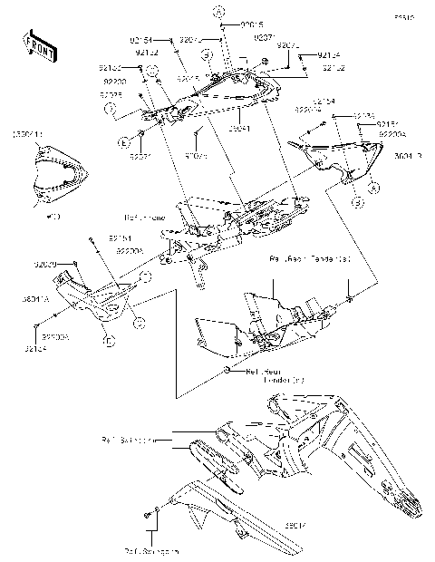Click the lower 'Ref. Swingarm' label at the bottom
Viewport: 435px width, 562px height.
150,549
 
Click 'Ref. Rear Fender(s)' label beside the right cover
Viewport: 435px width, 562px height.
309,259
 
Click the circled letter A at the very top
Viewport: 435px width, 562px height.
217,11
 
